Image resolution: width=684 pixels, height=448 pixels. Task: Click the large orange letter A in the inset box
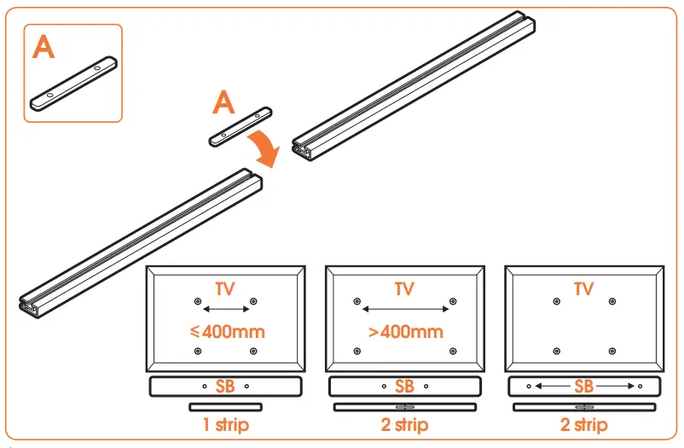pyautogui.click(x=44, y=47)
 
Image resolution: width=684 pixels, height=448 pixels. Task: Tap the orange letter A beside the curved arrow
pyautogui.click(x=223, y=103)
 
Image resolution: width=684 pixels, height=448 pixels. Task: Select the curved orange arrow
pyautogui.click(x=265, y=148)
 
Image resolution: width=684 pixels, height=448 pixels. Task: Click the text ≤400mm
pyautogui.click(x=226, y=331)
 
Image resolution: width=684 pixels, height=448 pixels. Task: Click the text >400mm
pyautogui.click(x=405, y=331)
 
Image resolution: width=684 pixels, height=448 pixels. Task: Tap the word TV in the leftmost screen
pyautogui.click(x=226, y=289)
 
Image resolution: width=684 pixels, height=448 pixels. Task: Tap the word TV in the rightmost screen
pyautogui.click(x=584, y=289)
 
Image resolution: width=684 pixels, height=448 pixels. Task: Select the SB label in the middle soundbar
pyautogui.click(x=405, y=387)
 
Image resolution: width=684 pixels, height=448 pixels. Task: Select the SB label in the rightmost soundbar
pyautogui.click(x=584, y=387)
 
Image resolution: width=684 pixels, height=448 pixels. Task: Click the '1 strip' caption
pyautogui.click(x=226, y=424)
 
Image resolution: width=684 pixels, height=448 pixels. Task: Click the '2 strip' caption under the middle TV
pyautogui.click(x=405, y=424)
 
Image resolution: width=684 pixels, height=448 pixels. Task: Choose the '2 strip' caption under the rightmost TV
pyautogui.click(x=584, y=424)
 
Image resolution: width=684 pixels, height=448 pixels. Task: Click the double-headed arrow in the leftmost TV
pyautogui.click(x=226, y=310)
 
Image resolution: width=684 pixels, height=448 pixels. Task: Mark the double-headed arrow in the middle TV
pyautogui.click(x=405, y=310)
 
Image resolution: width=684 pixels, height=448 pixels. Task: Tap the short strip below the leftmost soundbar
pyautogui.click(x=225, y=406)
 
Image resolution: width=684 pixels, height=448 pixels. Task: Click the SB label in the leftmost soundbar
pyautogui.click(x=226, y=387)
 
